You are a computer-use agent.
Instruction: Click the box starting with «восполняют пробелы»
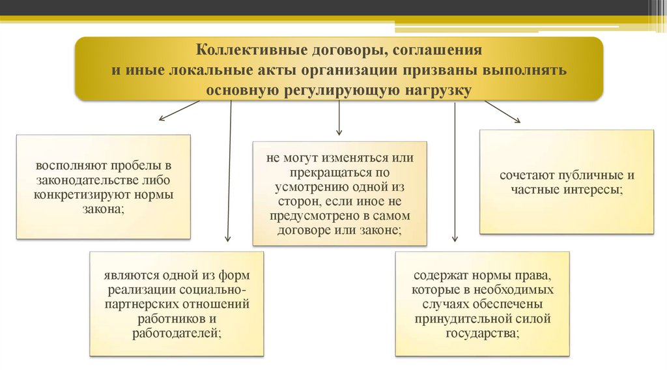[104, 186]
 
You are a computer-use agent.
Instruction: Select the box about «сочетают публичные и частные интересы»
[567, 182]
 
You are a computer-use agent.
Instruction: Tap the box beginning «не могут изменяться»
[339, 194]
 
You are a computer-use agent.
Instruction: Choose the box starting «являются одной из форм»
[177, 304]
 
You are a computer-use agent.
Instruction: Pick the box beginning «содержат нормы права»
[482, 304]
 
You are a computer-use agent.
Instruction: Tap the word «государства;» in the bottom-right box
[482, 333]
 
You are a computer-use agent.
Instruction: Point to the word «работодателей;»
[177, 333]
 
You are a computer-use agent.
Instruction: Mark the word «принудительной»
[464, 319]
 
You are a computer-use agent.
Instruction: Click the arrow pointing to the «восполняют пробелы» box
[178, 111]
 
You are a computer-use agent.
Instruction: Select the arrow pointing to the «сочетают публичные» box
[502, 111]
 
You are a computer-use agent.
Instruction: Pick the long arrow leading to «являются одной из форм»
[229, 173]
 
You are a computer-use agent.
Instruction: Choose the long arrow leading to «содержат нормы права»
[455, 173]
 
